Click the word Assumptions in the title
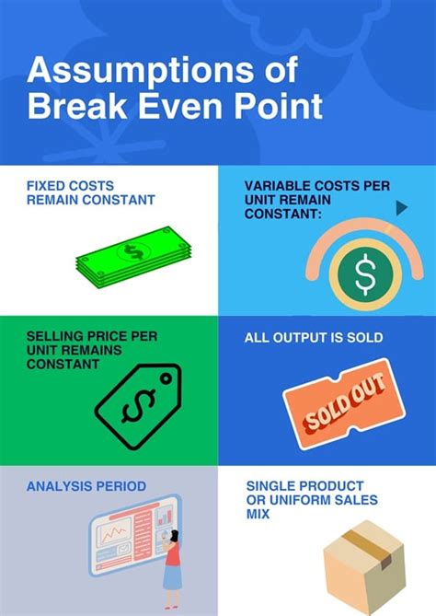(x=135, y=70)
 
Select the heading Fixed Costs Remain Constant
(x=90, y=192)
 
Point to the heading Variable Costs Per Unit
(x=316, y=199)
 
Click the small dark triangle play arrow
(x=401, y=208)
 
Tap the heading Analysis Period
(x=86, y=485)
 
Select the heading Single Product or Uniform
(x=304, y=500)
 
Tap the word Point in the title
(x=276, y=105)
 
